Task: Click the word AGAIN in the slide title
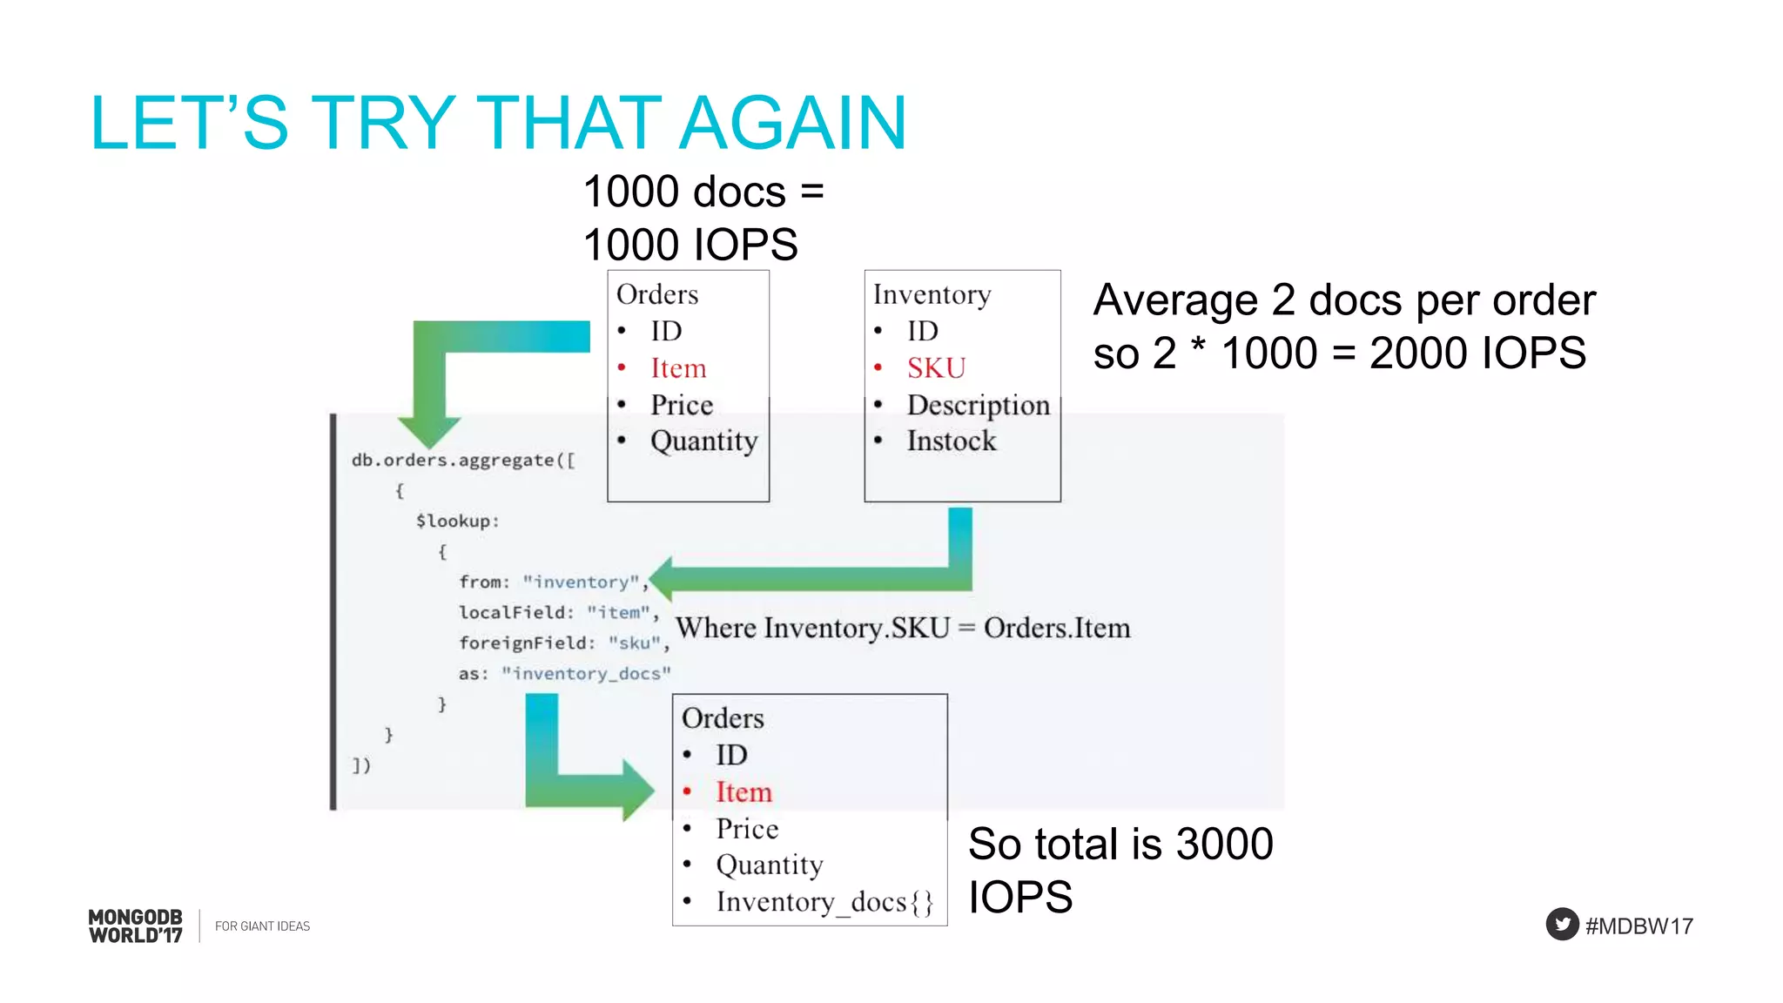[x=792, y=123]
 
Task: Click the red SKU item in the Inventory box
[x=936, y=368]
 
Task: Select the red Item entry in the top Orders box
[x=678, y=368]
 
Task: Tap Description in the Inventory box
[x=978, y=405]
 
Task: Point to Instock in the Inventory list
[x=951, y=441]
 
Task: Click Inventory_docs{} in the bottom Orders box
[x=824, y=902]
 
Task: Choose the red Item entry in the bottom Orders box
[x=743, y=792]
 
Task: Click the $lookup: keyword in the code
[x=457, y=521]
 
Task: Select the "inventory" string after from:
[x=581, y=582]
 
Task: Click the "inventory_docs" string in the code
[x=586, y=673]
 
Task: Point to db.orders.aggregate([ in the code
[x=463, y=460]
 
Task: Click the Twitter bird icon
[x=1562, y=925]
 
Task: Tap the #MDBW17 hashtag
[x=1638, y=926]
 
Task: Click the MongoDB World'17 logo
[x=136, y=926]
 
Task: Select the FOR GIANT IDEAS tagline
[x=262, y=926]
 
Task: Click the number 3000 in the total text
[x=1224, y=844]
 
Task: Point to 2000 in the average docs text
[x=1419, y=353]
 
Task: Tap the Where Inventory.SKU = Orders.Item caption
[x=903, y=628]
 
